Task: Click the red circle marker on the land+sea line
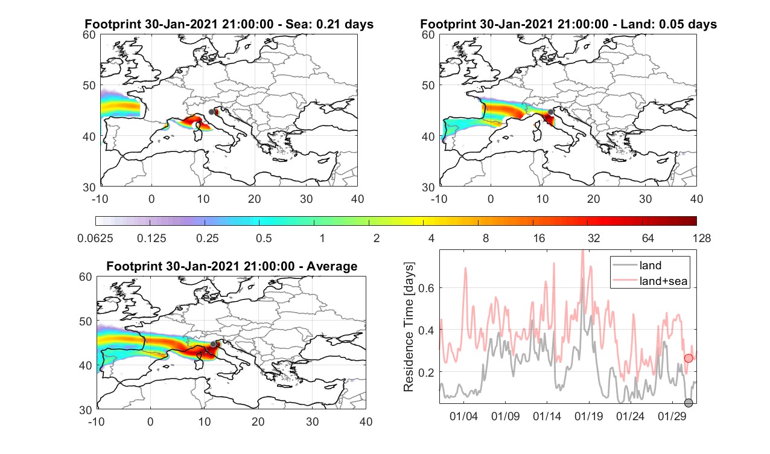coord(688,358)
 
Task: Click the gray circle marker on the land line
coord(688,403)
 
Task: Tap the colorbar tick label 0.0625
coord(95,238)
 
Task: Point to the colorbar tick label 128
coord(702,238)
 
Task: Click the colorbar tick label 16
coord(539,238)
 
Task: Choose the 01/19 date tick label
coord(588,416)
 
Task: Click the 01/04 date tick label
coord(463,416)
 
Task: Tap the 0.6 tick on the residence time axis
coord(426,288)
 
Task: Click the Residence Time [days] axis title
coord(409,327)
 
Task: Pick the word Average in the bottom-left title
coord(332,266)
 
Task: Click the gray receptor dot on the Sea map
coord(211,112)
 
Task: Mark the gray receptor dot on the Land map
coord(551,112)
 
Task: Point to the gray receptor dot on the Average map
coord(213,344)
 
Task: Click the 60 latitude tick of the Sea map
coord(89,34)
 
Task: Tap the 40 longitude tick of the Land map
coord(696,199)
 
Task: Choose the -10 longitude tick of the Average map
coord(97,421)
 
